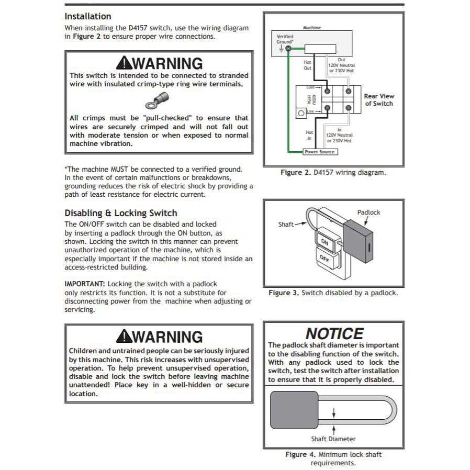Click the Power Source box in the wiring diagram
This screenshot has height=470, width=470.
click(320, 152)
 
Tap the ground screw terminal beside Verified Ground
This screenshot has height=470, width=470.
click(288, 49)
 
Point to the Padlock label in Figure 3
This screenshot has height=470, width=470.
click(368, 212)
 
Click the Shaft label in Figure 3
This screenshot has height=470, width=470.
click(286, 224)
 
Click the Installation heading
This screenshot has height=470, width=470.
click(88, 16)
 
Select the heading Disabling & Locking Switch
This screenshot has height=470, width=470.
click(121, 213)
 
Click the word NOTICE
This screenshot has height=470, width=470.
click(334, 333)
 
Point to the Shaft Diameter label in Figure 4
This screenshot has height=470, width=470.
click(333, 439)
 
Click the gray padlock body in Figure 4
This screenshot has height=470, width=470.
click(294, 410)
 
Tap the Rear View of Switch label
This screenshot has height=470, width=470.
click(379, 99)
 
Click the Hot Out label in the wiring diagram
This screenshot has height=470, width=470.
click(308, 65)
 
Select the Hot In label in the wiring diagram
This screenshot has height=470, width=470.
click(309, 135)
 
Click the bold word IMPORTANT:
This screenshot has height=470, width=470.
click(85, 283)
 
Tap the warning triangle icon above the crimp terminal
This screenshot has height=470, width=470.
click(124, 63)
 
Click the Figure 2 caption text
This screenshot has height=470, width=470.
click(333, 172)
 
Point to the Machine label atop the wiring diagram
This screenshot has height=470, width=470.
click(312, 27)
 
